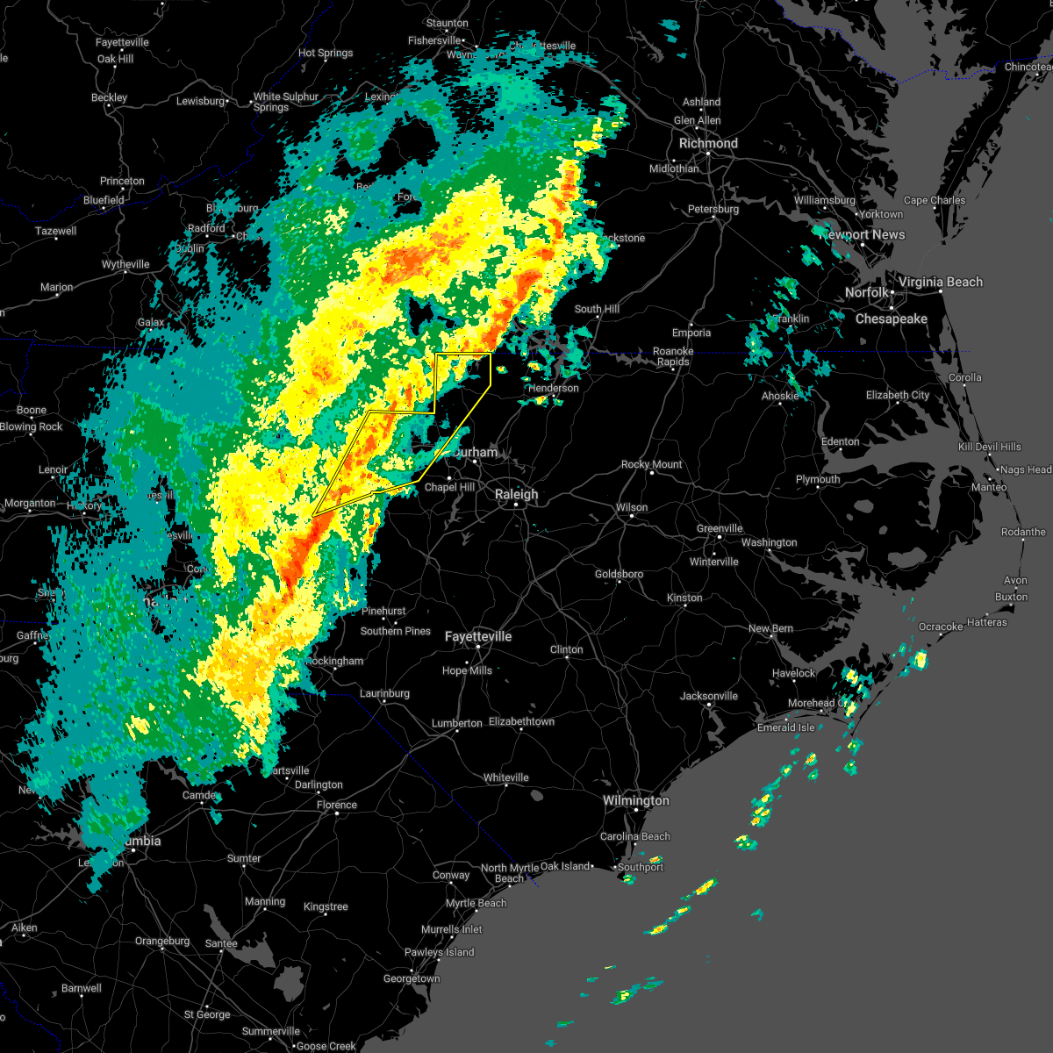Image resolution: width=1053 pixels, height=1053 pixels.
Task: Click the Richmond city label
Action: coord(708,143)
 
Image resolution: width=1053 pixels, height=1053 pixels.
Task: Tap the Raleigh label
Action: coord(516,494)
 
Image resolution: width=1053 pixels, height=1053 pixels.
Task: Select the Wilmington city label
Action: coord(635,800)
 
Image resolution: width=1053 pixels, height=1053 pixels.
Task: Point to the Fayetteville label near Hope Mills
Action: coord(477,636)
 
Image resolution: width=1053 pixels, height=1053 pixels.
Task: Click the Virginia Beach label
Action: coord(940,282)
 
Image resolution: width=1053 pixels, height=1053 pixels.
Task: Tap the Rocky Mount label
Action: coord(651,464)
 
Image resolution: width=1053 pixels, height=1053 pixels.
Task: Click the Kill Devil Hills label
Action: coord(989,447)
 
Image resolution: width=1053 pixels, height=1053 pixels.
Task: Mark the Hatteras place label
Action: coord(986,622)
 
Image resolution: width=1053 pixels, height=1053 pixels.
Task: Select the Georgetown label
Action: coord(412,978)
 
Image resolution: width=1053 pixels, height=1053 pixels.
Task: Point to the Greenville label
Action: coord(720,528)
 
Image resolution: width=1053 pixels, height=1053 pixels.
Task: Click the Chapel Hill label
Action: coord(449,487)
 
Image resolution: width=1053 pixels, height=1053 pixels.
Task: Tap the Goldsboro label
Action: coord(619,574)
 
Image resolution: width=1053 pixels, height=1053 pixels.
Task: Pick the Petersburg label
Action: coord(713,209)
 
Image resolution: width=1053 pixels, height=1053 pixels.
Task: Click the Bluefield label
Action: coord(104,200)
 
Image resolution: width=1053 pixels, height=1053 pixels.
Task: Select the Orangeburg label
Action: coord(162,941)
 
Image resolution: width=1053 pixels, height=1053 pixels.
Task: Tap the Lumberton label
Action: coord(456,723)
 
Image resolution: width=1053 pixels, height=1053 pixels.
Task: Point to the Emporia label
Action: coord(691,333)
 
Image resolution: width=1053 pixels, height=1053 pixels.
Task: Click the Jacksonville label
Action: coord(708,696)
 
